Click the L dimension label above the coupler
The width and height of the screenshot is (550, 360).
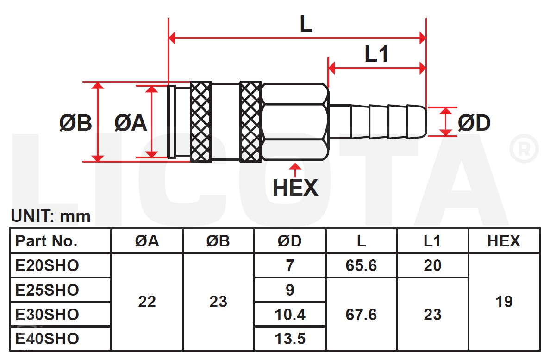[x=306, y=24]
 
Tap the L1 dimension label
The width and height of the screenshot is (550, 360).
[x=376, y=54]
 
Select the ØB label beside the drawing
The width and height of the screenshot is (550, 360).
[x=75, y=123]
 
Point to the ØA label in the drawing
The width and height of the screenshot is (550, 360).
[x=131, y=123]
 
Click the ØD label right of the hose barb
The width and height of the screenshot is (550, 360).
[x=474, y=123]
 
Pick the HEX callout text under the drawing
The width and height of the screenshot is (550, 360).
[x=295, y=188]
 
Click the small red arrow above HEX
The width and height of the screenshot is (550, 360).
[x=295, y=170]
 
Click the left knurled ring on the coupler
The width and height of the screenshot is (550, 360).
[x=201, y=122]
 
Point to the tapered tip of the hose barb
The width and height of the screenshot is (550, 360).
[x=418, y=122]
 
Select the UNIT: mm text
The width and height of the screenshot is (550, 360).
[x=51, y=216]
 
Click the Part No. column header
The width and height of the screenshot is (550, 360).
[x=46, y=241]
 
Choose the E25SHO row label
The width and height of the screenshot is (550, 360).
[x=47, y=290]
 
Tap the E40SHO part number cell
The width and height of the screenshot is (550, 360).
[x=47, y=339]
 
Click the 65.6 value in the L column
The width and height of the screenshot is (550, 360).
[x=361, y=265]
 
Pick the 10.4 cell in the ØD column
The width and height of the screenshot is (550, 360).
[x=290, y=315]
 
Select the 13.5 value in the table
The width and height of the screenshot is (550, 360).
[x=290, y=339]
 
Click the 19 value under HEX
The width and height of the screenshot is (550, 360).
[x=504, y=302]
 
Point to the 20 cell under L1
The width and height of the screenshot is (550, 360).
[x=432, y=265]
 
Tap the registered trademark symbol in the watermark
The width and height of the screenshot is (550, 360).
[x=524, y=149]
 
